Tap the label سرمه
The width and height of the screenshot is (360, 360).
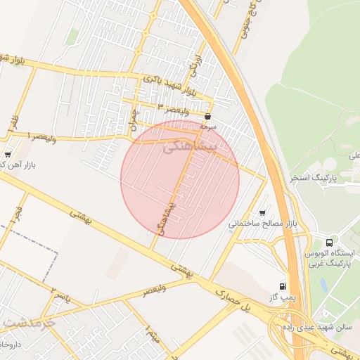(207, 127)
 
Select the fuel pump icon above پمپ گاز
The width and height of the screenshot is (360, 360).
(283, 285)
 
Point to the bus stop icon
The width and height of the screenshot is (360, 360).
(330, 242)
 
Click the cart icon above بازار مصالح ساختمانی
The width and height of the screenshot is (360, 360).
(262, 212)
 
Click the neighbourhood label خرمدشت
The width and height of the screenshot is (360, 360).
(28, 323)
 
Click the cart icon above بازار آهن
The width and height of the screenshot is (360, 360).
(8, 154)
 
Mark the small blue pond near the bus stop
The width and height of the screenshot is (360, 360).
(323, 285)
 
